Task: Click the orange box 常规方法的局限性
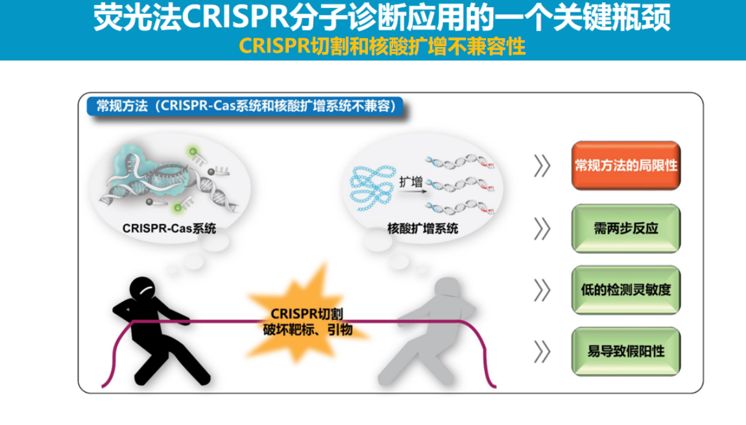pos(625,165)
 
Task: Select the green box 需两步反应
pos(625,228)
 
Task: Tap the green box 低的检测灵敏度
pos(625,290)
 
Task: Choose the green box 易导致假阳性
pos(625,351)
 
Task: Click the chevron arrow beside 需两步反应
pos(542,229)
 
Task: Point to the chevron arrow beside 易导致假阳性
pos(542,352)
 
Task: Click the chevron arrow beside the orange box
pos(542,166)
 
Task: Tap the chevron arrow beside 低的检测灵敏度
pos(542,290)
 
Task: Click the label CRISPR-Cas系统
pos(169,228)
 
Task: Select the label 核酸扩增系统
pos(422,228)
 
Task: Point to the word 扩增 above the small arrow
pos(411,182)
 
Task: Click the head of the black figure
pos(143,289)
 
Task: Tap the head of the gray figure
pos(447,288)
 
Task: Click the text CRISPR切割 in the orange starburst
pos(307,313)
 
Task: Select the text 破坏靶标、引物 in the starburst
pos(308,330)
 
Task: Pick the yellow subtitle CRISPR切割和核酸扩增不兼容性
pos(382,47)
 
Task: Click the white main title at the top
pos(381,17)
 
